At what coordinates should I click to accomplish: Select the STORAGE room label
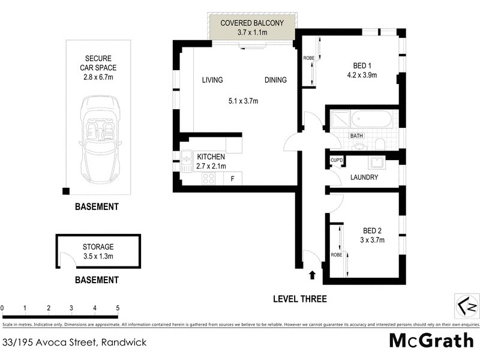click(x=98, y=247)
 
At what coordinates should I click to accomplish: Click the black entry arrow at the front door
click(x=311, y=275)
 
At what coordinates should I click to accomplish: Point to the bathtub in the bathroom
click(x=370, y=119)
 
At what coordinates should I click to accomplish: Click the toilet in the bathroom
click(x=379, y=143)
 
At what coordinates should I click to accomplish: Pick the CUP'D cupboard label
click(x=337, y=161)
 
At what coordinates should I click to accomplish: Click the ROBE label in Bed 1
click(x=308, y=59)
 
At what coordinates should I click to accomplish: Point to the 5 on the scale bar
click(x=118, y=308)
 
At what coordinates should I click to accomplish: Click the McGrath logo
click(x=431, y=340)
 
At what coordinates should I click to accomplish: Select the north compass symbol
click(x=466, y=306)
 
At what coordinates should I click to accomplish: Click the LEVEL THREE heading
click(x=299, y=299)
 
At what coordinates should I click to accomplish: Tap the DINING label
click(x=275, y=80)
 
